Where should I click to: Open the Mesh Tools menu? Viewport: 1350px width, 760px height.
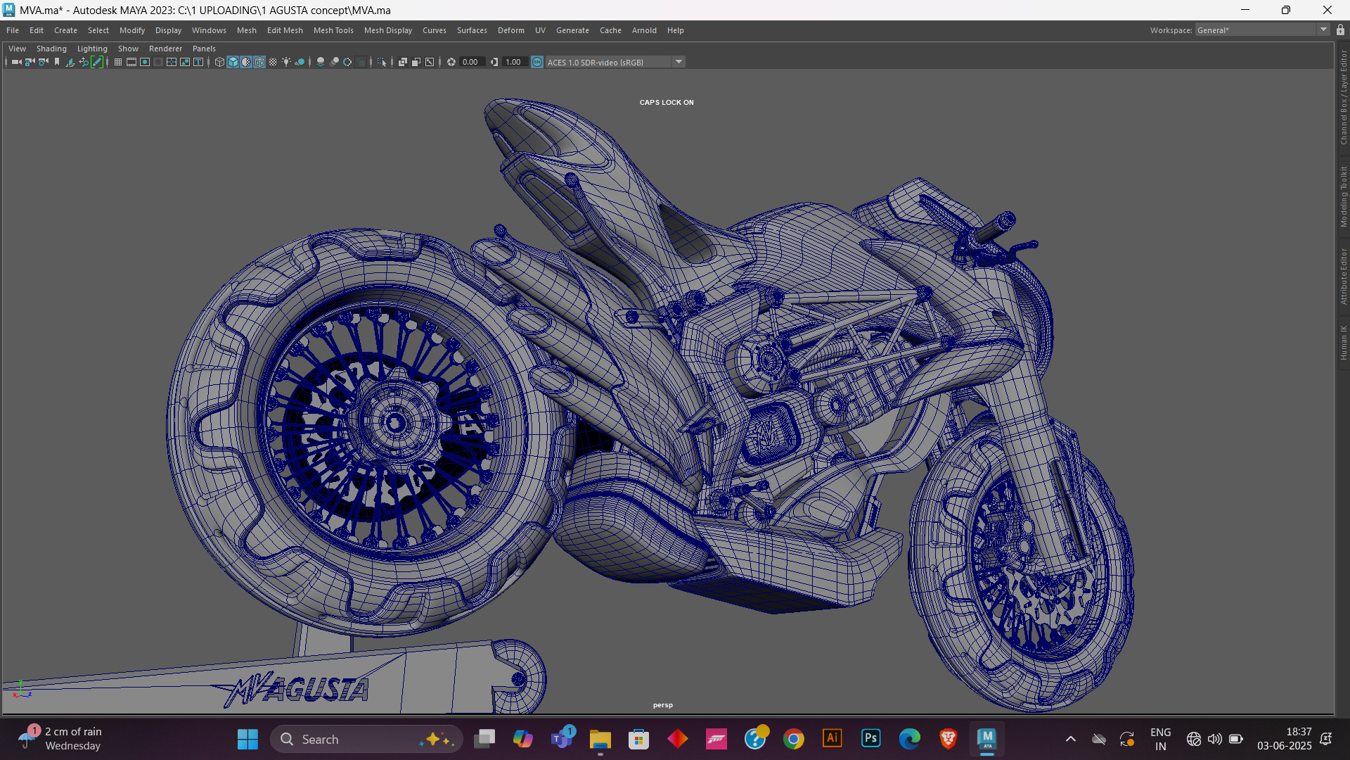[333, 30]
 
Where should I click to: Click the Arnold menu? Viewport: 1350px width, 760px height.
[644, 30]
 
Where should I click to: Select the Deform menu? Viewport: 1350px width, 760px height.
[511, 30]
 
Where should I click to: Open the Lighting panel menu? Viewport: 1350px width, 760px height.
[92, 49]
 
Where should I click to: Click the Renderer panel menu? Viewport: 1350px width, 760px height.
[165, 49]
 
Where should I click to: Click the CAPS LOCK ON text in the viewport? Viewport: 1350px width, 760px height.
[667, 102]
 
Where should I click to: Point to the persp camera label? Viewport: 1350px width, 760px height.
[662, 705]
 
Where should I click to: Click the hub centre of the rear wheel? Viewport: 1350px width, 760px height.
[394, 423]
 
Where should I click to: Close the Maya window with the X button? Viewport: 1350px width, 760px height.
[1327, 10]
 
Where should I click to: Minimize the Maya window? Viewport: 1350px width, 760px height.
[1245, 10]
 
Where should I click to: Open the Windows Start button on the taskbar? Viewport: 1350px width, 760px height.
[247, 739]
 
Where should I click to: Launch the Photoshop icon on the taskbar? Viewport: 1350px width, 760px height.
[870, 738]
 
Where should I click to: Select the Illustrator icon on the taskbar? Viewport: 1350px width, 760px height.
[832, 738]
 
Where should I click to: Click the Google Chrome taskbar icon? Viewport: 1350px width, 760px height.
[794, 739]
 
